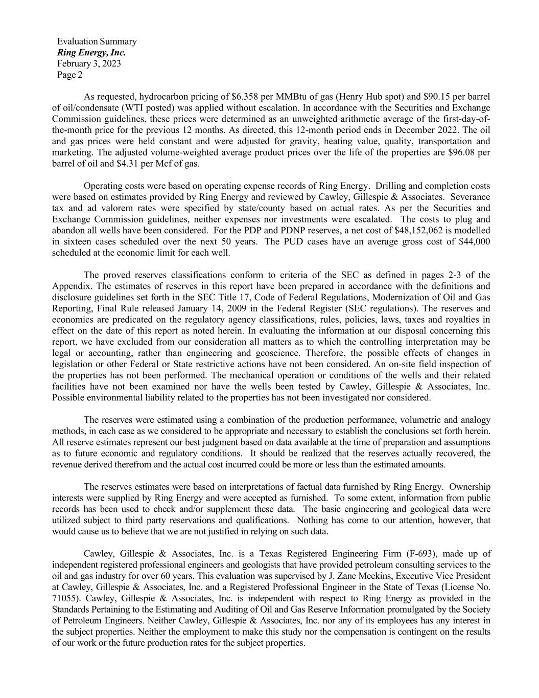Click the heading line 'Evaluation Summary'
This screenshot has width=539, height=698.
tap(97, 41)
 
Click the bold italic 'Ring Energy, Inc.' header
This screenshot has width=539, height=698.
tap(91, 53)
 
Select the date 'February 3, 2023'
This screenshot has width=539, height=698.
tap(89, 64)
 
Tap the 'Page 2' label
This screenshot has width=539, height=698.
tap(69, 75)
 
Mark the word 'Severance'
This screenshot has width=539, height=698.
tap(471, 197)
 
